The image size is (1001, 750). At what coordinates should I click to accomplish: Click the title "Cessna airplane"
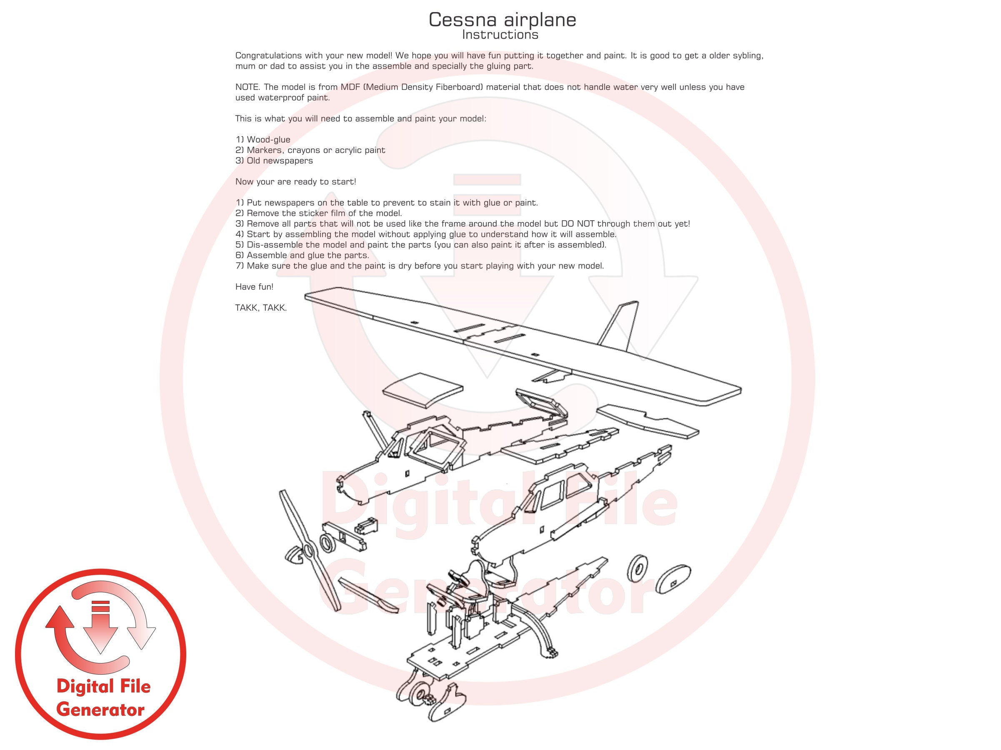(502, 20)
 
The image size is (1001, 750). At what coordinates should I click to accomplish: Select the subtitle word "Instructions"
(500, 35)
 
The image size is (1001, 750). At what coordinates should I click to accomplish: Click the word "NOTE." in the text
(248, 87)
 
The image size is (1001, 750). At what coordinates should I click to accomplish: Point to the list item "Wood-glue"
(268, 140)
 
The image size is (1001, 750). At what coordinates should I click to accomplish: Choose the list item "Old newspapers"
(280, 161)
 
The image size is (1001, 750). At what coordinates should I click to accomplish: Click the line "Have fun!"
(254, 287)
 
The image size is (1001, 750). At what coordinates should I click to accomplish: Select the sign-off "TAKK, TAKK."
(260, 308)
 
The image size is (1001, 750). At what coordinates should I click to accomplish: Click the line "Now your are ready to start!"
(295, 182)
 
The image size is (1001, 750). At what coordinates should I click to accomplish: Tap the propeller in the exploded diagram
(309, 549)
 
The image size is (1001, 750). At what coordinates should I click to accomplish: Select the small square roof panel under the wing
(422, 388)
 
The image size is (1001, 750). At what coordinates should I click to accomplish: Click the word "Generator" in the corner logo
(100, 710)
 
